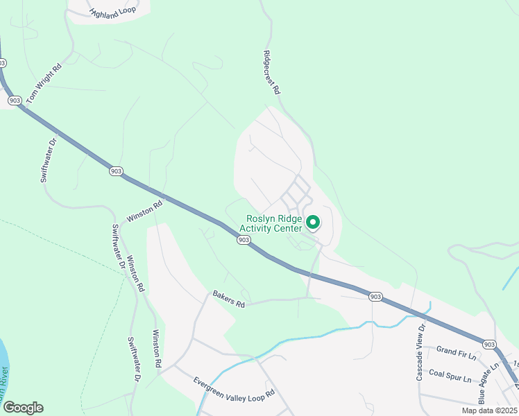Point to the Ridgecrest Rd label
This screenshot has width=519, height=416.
271,71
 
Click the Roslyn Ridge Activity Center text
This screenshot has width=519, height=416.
271,222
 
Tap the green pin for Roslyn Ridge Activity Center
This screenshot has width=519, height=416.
313,222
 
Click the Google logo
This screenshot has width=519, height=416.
23,407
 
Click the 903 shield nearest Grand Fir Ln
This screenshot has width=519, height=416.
489,344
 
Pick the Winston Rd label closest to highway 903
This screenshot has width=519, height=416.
144,211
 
